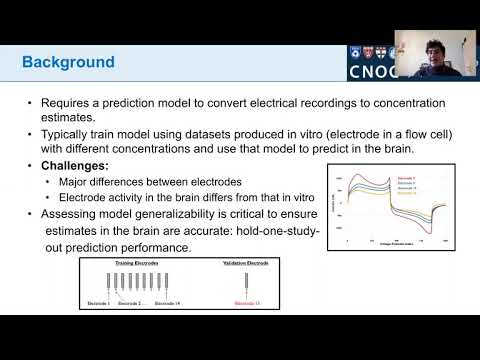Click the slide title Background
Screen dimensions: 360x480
(68, 62)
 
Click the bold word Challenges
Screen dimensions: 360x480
(74, 165)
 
